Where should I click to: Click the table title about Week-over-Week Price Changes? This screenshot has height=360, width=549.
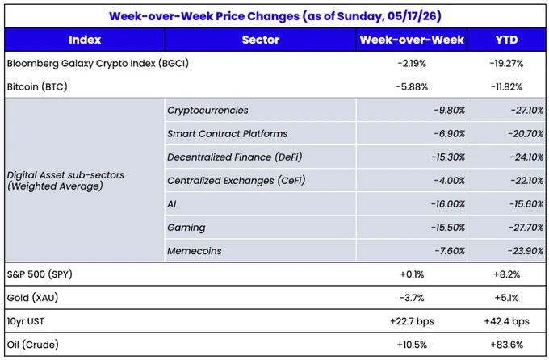point(274,16)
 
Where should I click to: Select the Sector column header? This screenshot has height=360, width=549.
point(261,40)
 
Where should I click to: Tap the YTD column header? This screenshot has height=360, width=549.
point(506,40)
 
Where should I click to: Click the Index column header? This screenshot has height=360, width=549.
point(85,40)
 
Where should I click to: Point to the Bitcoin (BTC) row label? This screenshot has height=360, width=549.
point(37,86)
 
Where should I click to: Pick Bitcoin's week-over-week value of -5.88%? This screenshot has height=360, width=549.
point(412,87)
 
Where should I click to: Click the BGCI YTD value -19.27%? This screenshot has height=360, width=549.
point(506,64)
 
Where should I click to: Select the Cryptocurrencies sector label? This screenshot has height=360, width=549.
point(207,111)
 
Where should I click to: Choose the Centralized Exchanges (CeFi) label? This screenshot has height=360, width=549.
point(237,181)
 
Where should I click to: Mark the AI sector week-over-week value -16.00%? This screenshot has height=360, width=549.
point(448,204)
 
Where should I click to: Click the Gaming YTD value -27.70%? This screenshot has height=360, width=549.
point(526,228)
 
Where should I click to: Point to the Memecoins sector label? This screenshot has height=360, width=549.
point(195,251)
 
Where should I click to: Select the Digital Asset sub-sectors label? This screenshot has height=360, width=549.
point(65,180)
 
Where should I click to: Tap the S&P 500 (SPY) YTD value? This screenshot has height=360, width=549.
point(506,274)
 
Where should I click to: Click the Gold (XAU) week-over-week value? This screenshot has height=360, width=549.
point(412,298)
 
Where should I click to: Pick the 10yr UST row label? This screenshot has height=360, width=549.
point(26,321)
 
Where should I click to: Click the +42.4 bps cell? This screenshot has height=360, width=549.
point(506,321)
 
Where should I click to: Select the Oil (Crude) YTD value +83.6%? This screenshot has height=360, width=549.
point(506,345)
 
